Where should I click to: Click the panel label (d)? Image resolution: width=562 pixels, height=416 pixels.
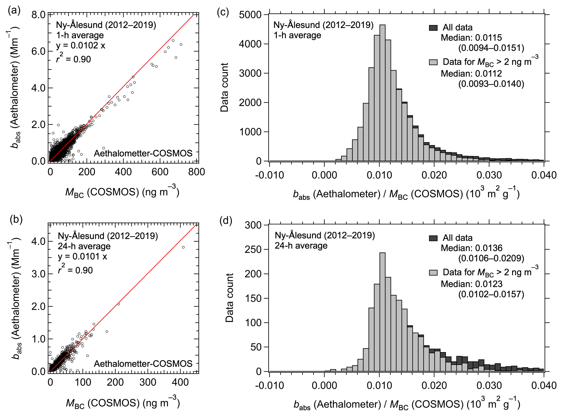pos(226,220)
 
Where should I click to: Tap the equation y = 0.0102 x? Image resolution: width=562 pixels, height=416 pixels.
pos(80,45)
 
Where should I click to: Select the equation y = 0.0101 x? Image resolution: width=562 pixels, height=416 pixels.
pos(82,257)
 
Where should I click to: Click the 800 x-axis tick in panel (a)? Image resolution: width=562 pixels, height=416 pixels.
pos(197,172)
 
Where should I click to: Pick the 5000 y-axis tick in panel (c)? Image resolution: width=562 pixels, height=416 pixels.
pos(250,15)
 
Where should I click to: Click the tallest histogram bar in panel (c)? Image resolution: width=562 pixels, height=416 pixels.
pos(382,93)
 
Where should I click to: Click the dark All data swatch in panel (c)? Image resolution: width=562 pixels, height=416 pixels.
pos(433,28)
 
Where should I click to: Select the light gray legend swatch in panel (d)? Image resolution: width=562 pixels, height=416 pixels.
pos(433,272)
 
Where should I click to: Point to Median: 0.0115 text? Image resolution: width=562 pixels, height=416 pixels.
pos(471,38)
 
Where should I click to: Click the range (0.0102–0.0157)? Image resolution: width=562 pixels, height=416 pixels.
pos(491,294)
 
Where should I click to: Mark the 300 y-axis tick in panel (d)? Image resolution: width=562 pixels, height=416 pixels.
pos(253,225)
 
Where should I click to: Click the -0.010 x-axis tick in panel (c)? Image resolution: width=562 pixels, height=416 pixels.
pos(269,175)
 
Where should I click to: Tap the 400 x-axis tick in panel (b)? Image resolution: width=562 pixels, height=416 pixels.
pos(180,383)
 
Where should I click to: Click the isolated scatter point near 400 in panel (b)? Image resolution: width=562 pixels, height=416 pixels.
pos(183,247)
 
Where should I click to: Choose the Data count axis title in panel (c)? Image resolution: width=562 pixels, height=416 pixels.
pos(225,87)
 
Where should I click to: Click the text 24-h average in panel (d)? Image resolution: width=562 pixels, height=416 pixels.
pos(301,246)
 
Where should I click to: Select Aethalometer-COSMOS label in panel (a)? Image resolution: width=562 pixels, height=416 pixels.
pos(143,153)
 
